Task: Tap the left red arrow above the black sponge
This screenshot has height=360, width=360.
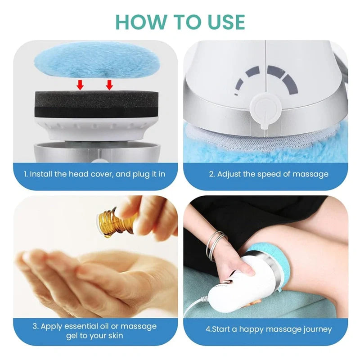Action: click(80, 85)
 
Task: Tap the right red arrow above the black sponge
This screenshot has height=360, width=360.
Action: click(109, 85)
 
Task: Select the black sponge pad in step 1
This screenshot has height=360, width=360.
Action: click(96, 104)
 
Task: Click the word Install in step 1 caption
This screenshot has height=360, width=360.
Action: click(41, 174)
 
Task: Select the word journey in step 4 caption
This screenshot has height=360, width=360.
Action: click(318, 330)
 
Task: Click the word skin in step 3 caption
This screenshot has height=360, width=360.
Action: click(114, 336)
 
